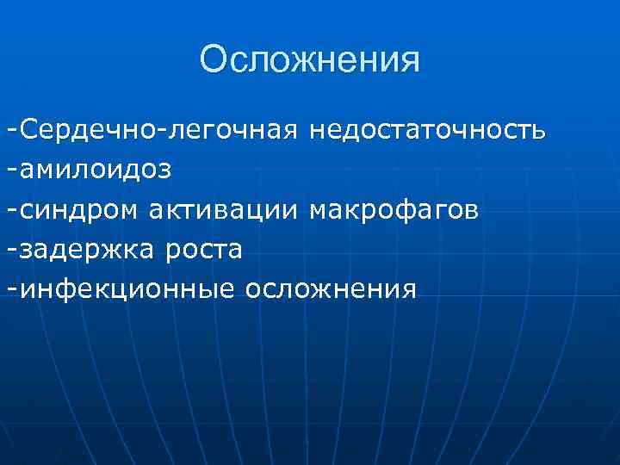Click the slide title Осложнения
click(310, 60)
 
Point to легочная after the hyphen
click(234, 131)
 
